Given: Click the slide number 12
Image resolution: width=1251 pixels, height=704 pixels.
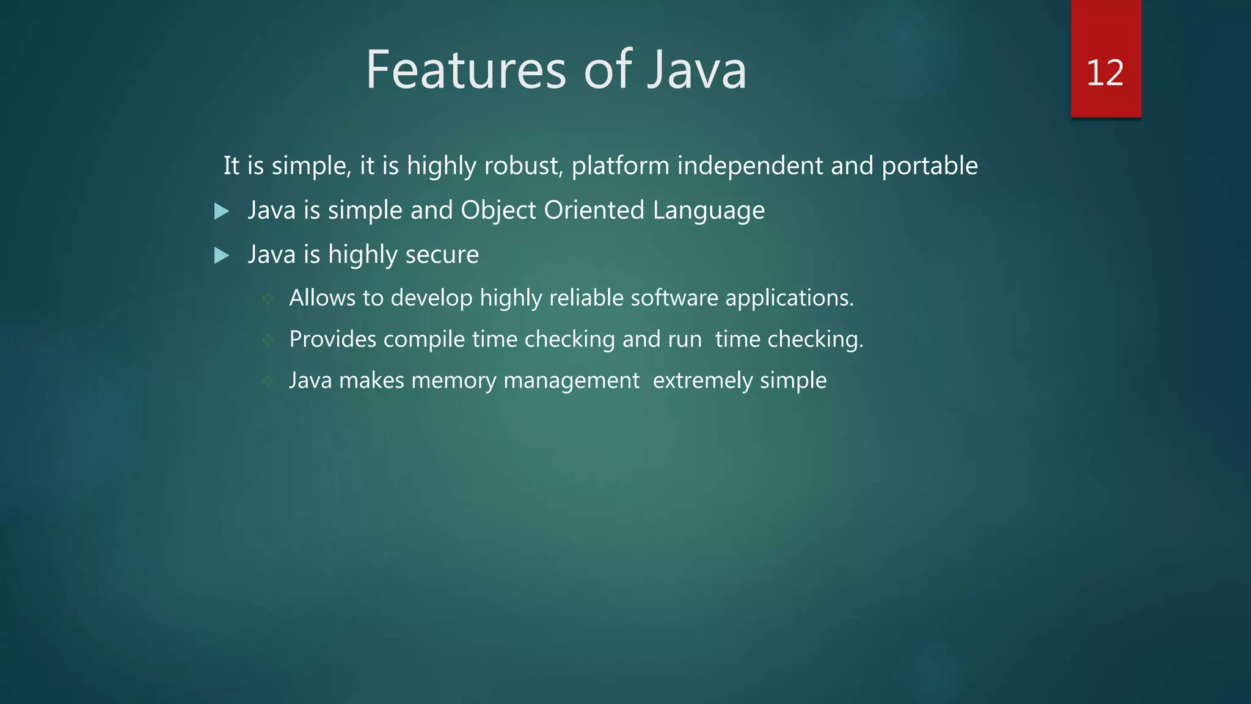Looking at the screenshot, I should (1105, 73).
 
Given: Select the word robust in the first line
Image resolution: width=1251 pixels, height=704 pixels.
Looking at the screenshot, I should (522, 166).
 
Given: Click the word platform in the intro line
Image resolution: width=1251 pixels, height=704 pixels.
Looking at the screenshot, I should (620, 166).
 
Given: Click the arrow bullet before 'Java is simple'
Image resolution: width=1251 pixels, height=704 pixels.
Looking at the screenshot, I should (222, 211).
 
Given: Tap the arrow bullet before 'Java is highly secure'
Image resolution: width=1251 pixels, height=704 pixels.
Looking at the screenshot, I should (222, 255).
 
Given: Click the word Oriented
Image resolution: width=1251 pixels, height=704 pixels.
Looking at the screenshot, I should (594, 210).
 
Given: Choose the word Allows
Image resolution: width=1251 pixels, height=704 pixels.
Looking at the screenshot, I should (322, 298).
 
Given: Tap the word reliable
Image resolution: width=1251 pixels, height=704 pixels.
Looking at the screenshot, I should (586, 298).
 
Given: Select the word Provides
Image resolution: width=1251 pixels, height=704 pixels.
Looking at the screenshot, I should (333, 339).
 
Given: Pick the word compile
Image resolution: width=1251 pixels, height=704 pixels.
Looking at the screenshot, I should (424, 340).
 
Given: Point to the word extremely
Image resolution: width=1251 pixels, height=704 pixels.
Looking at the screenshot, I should (702, 381).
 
